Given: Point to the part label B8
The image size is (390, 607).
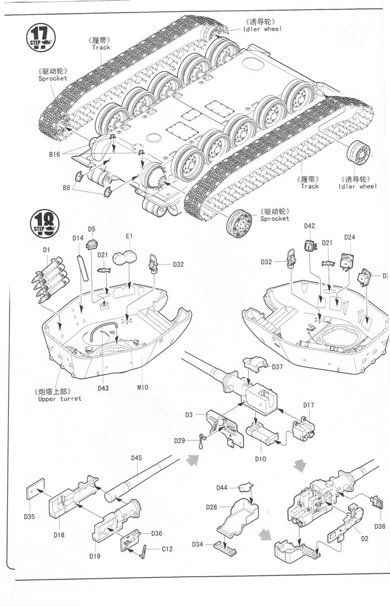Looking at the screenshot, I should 67,188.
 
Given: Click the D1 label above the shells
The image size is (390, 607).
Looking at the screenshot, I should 47,250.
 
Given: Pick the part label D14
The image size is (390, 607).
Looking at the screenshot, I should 78,238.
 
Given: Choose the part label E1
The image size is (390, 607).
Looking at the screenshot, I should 129,237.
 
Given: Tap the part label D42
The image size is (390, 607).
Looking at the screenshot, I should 309,226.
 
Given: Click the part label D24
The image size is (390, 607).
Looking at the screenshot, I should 350,238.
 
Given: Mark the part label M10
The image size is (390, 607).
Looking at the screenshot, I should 142,388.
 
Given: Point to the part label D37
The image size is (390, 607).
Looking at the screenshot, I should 278,367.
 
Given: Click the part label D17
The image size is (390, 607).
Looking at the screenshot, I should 309,405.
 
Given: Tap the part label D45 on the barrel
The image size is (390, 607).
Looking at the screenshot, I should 137,458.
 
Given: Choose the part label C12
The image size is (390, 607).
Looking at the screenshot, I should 167,549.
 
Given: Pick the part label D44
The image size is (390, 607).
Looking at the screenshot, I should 222,487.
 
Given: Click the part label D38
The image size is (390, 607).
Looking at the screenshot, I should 379,526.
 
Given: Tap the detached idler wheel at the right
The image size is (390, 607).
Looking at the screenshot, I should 360,155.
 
